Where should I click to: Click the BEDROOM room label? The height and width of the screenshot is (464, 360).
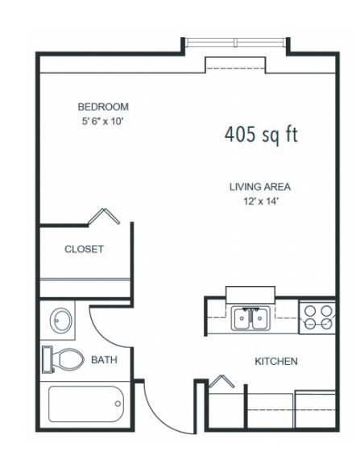[x=103, y=106]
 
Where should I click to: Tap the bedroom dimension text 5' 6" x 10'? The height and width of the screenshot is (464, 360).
[x=102, y=121]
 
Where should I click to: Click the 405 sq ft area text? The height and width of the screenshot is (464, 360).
[x=261, y=135]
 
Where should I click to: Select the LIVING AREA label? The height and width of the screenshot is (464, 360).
[x=260, y=187]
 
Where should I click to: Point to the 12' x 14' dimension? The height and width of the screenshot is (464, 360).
[x=261, y=201]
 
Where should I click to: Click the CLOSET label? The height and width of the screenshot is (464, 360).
[x=84, y=249]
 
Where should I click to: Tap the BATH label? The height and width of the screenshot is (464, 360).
[x=104, y=360]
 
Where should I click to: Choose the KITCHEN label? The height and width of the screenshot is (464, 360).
[x=276, y=361]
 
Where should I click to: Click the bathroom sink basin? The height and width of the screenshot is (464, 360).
[x=60, y=320]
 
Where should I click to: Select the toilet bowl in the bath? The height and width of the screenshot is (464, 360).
[x=69, y=358]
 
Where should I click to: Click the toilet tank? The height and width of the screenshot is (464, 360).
[x=47, y=359]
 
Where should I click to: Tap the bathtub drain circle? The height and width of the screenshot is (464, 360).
[x=118, y=404]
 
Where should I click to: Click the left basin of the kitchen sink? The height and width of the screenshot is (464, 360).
[x=242, y=318]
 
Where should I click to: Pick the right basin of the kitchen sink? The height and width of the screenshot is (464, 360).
[x=260, y=318]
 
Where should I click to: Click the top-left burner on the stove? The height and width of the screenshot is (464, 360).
[x=310, y=311]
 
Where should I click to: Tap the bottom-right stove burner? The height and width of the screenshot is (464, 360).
[x=326, y=324]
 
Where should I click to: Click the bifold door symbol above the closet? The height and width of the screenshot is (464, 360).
[x=104, y=216]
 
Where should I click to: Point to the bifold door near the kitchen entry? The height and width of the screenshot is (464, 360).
[x=221, y=381]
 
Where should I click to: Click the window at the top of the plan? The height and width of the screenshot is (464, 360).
[x=235, y=43]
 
